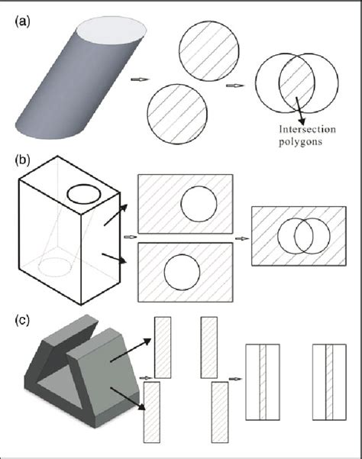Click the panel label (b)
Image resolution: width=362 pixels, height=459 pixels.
tap(23, 160)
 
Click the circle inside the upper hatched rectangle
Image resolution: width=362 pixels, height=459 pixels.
tap(198, 205)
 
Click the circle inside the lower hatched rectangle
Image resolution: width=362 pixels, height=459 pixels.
tap(182, 273)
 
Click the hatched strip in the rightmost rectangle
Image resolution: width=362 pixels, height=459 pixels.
tap(330, 382)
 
